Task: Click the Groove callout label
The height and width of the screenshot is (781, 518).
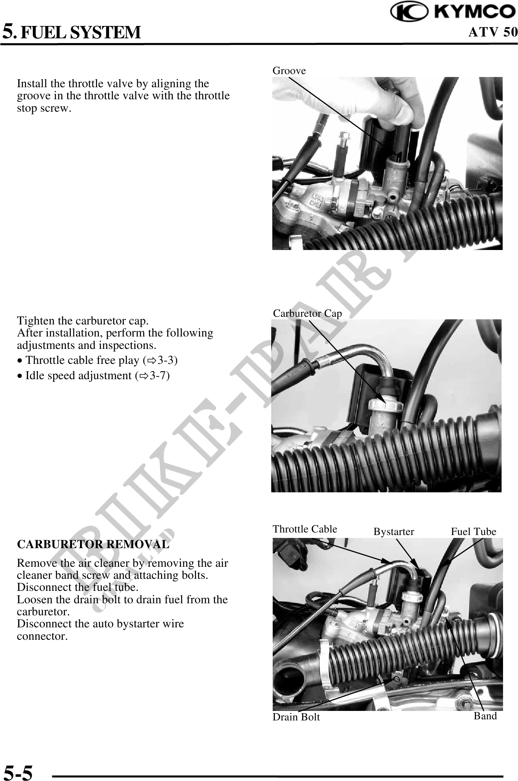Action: tap(289, 70)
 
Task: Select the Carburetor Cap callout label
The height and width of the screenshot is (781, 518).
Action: tap(308, 313)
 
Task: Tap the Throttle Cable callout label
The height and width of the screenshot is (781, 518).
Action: tap(305, 529)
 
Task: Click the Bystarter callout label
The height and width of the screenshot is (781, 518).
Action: tap(394, 532)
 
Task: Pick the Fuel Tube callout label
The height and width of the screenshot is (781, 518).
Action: tap(473, 531)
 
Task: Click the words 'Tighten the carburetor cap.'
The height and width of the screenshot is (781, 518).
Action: tap(83, 321)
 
